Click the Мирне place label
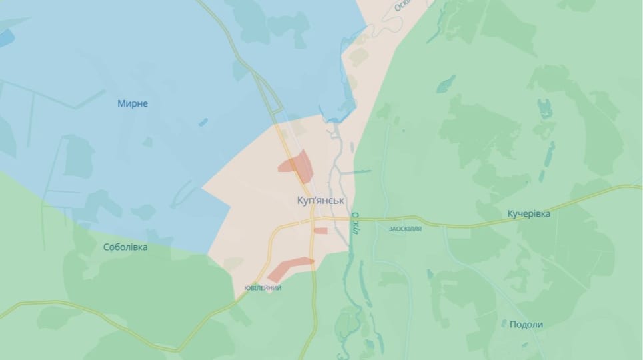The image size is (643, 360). click(132, 103)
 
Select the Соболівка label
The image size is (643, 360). click(125, 247)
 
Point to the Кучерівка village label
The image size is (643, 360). click(528, 213)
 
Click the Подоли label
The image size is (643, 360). click(526, 325)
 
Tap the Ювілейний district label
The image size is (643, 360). click(263, 288)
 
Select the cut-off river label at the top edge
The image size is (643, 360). click(402, 5)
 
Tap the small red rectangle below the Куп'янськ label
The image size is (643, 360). click(321, 231)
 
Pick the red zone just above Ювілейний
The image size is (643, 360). click(289, 267)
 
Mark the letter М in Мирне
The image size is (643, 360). click(121, 103)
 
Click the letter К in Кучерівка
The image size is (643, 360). click(510, 213)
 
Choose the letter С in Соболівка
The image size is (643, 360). click(107, 247)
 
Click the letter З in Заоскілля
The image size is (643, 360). click(391, 228)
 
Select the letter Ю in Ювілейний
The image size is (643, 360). click(247, 288)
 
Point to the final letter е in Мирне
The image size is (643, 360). click(145, 103)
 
